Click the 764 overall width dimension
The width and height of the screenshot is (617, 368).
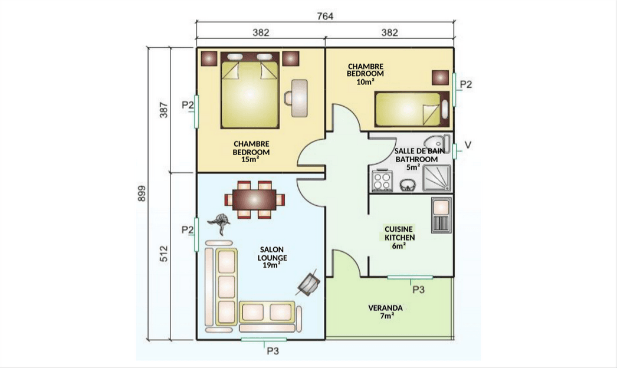(325, 16)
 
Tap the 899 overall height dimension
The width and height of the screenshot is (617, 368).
(142, 193)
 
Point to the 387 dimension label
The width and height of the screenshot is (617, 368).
(164, 110)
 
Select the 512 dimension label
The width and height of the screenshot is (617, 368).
(164, 254)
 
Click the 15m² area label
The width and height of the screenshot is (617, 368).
(251, 159)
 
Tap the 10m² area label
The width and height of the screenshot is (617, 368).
(365, 81)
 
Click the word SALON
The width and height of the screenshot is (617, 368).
(271, 249)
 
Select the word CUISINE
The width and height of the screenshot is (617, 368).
(399, 229)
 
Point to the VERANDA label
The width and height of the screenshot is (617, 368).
(386, 308)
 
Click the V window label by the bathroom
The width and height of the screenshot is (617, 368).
(468, 145)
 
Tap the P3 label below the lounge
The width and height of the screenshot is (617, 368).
(273, 351)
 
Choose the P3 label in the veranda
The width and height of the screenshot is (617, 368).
(418, 290)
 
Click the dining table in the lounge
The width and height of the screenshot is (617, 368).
(255, 199)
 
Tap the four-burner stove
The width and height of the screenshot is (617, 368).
(382, 181)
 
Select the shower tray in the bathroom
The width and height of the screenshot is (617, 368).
(437, 178)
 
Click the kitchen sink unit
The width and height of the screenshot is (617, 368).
(441, 215)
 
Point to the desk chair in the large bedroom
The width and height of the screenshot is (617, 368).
(288, 98)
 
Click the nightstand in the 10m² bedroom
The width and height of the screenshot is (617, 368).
(440, 77)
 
